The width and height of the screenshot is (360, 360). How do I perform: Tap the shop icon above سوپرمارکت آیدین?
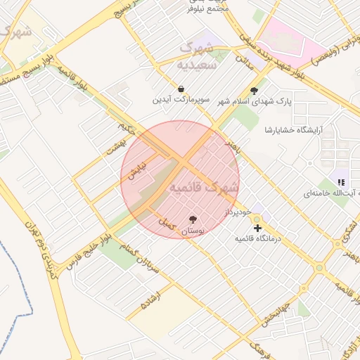click(x=181, y=89)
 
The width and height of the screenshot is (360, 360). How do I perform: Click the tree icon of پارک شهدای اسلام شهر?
click(x=254, y=91)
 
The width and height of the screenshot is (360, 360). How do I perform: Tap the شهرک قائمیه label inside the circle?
click(x=203, y=188)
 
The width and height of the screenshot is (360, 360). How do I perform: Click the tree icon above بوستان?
click(x=193, y=220)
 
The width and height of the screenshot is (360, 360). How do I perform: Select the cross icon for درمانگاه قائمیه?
click(x=257, y=229)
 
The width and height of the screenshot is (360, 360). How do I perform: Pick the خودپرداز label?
click(x=238, y=211)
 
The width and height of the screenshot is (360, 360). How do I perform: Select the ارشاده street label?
click(x=151, y=296)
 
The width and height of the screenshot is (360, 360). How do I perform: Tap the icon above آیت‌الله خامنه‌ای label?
click(x=341, y=181)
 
